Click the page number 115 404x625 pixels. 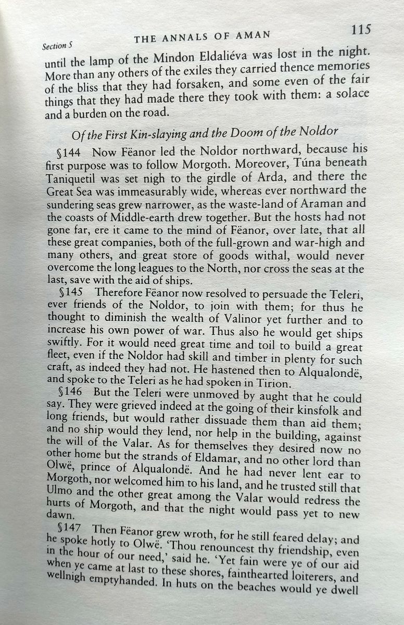(x=360, y=29)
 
